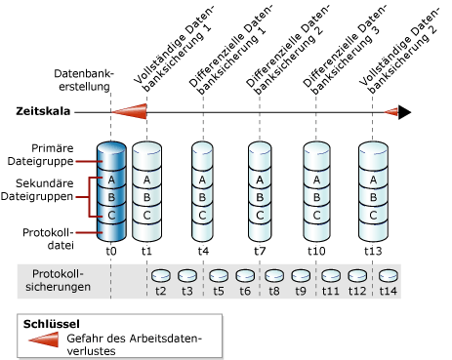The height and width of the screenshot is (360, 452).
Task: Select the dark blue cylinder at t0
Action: (x=112, y=190)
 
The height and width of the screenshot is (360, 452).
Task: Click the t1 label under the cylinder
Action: (x=146, y=250)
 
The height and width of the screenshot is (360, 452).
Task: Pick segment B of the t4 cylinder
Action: (x=202, y=197)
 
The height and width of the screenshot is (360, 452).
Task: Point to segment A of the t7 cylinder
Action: (x=260, y=180)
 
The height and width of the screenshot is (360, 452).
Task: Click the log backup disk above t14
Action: (x=389, y=276)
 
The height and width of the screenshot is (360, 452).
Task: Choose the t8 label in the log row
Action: (x=274, y=290)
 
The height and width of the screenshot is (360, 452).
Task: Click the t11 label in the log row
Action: (x=331, y=290)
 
